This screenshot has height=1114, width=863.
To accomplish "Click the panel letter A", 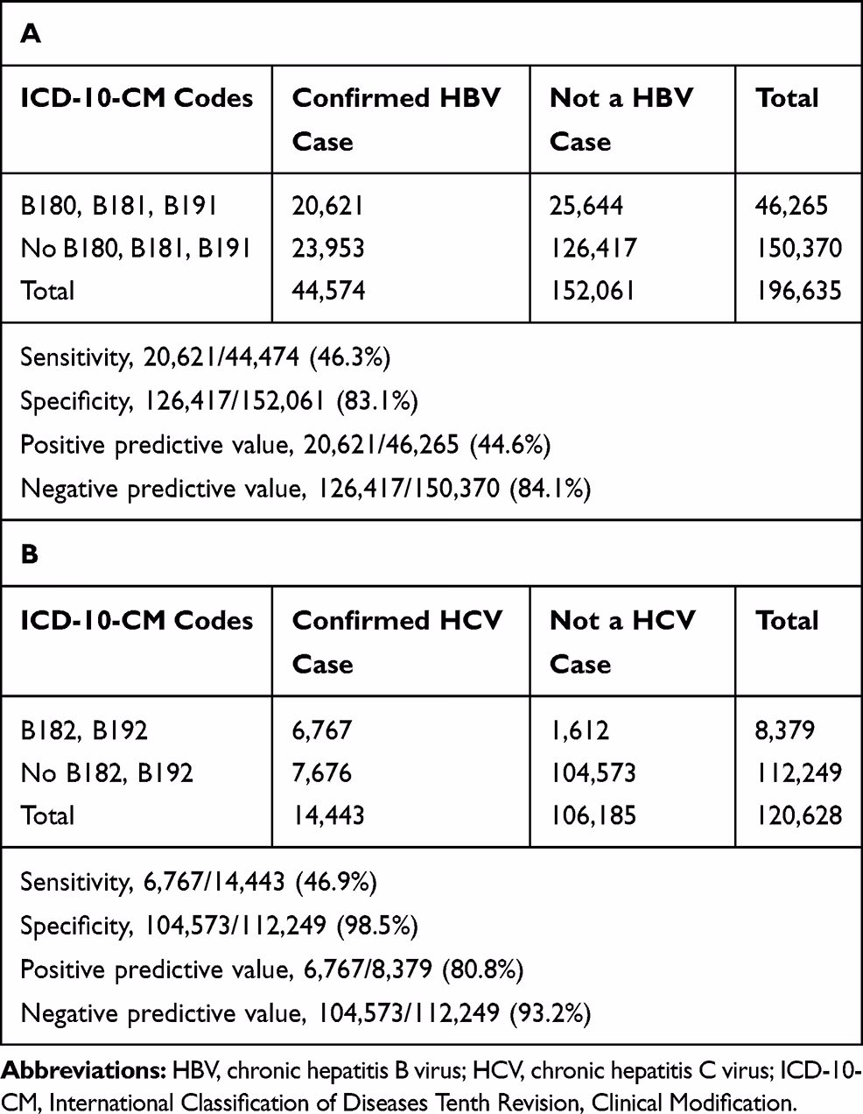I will coord(30,33).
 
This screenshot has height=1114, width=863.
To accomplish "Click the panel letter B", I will coord(29,555).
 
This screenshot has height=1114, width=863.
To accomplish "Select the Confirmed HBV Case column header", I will coord(396,119).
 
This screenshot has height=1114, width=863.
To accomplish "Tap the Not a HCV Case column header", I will coord(621,642).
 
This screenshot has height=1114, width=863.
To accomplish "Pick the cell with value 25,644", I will coord(587,206).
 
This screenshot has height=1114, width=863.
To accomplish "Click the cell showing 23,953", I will coord(328,248).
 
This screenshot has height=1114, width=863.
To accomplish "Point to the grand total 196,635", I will coord(798,290).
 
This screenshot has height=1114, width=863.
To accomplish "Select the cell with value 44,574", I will coord(328,290).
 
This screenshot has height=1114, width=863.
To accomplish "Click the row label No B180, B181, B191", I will coord(136,248).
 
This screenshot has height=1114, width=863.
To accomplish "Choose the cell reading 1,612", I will coord(579,730).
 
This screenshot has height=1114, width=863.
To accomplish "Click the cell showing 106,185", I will coord(593,814).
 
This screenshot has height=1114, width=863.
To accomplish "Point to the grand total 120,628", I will coord(798,814).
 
